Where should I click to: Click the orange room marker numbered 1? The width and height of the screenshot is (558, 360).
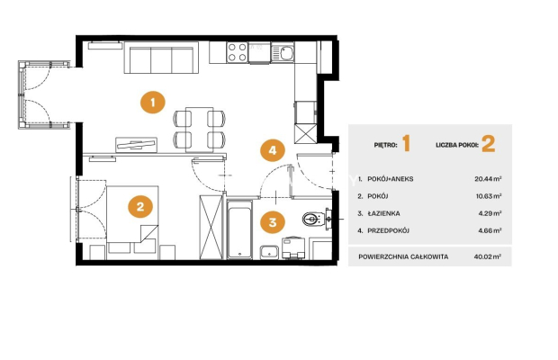pos(153,103)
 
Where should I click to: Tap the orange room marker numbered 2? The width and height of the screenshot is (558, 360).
pos(140,207)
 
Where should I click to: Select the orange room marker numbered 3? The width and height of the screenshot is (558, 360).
pos(272,222)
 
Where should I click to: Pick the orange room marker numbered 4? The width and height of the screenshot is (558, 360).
pos(272,150)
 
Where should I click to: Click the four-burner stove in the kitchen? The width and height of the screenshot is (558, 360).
pos(237,52)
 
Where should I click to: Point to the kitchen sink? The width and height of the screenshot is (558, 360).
pos(283,52)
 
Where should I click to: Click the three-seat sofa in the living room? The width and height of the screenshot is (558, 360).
pos(161,58)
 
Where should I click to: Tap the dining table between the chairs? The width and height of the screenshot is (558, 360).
pos(199,130)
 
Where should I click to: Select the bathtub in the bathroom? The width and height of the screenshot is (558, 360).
pos(239,229)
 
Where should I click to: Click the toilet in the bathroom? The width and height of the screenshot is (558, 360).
pos(313,219)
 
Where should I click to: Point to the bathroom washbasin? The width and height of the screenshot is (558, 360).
pos(269,252)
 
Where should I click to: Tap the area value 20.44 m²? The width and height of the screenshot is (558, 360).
pos(488,178)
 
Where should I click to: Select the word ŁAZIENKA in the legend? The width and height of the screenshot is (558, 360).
pos(383,213)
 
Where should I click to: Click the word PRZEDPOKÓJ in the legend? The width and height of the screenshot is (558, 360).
pos(388,230)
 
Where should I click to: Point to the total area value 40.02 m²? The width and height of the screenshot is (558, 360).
pos(488,256)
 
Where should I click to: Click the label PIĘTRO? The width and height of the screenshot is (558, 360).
pos(385,145)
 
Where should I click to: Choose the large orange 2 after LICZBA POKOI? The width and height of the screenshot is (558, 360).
pos(488,144)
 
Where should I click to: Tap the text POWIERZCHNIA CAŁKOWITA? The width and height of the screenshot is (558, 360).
pos(403,256)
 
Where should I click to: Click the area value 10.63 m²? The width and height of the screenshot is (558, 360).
pos(489,196)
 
